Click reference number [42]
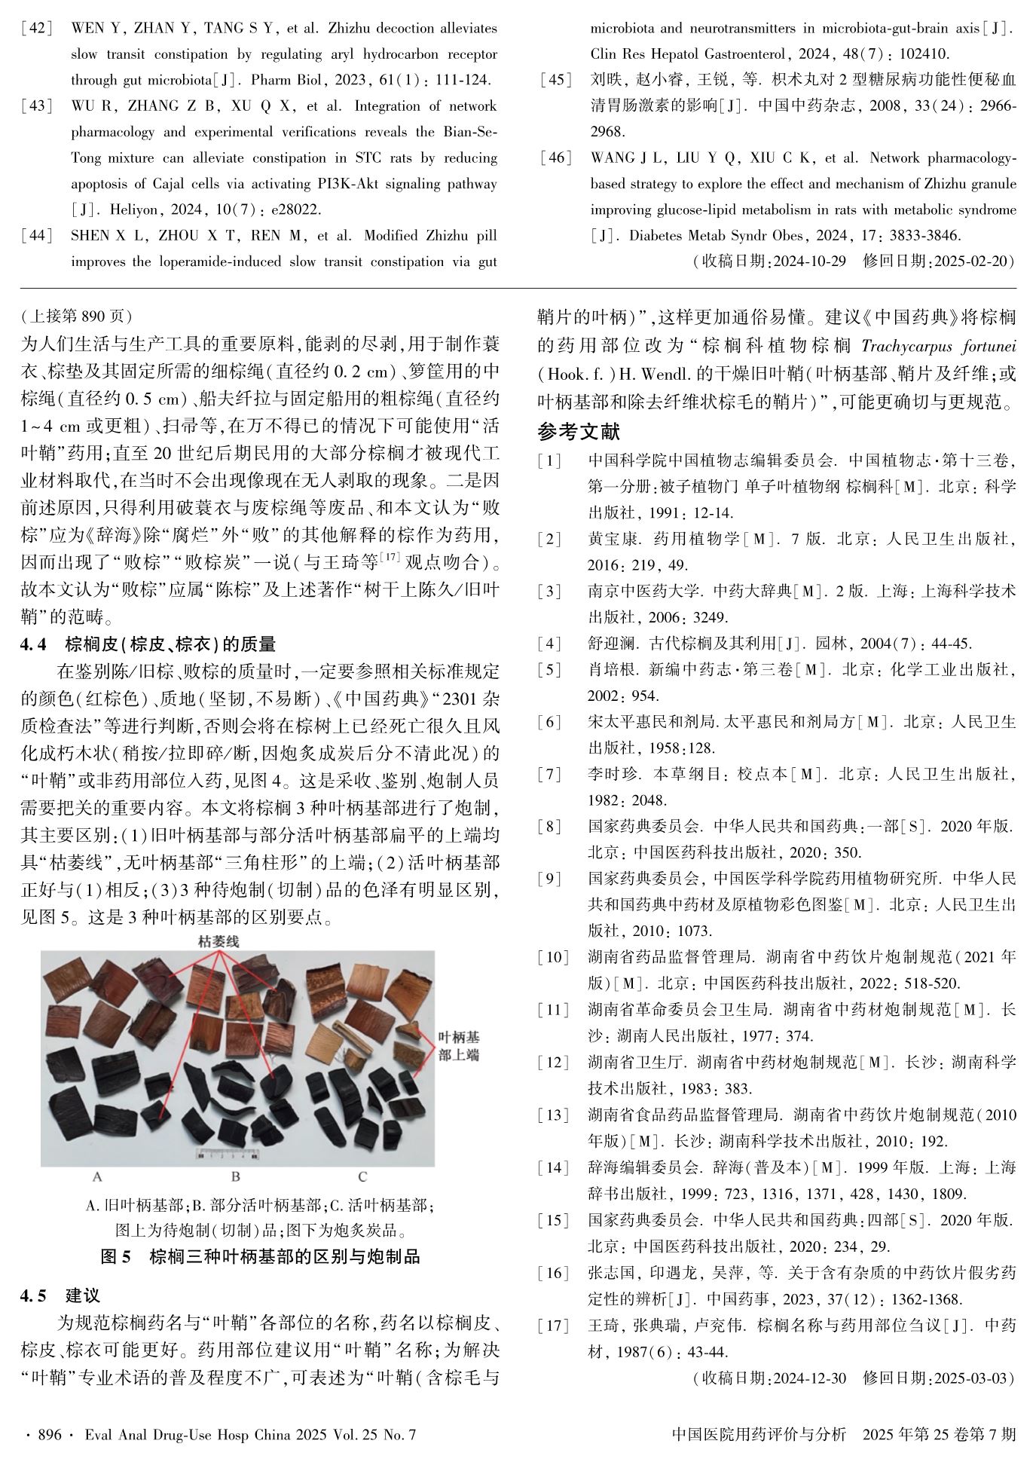point(37,29)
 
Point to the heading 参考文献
point(579,432)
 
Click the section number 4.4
point(34,644)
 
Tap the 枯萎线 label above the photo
point(219,941)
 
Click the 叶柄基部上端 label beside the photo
point(459,1046)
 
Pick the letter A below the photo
point(96,1176)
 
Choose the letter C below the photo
point(362,1176)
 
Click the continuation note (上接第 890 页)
point(77,316)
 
